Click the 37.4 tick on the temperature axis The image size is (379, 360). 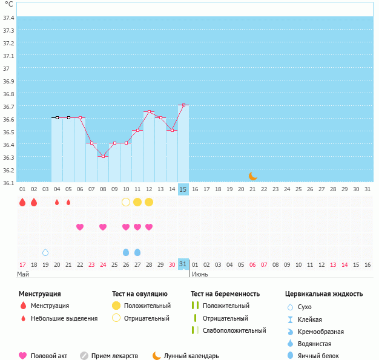click(9, 18)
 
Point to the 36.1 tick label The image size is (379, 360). click(9, 182)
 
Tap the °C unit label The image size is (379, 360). click(8, 4)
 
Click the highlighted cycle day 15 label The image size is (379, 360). click(183, 189)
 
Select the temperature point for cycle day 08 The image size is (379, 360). click(103, 157)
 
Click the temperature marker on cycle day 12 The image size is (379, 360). click(149, 111)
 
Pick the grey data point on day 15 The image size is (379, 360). click(183, 105)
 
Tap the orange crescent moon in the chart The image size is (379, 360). click(253, 176)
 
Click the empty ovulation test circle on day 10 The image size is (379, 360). click(126, 201)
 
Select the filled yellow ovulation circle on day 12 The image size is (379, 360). click(149, 201)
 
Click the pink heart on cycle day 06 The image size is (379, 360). click(80, 227)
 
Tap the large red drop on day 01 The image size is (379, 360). click(22, 201)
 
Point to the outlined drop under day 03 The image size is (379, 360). click(45, 252)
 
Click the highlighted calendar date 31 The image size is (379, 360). click(183, 264)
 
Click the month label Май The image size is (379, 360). click(23, 274)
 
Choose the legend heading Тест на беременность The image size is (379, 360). click(225, 294)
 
